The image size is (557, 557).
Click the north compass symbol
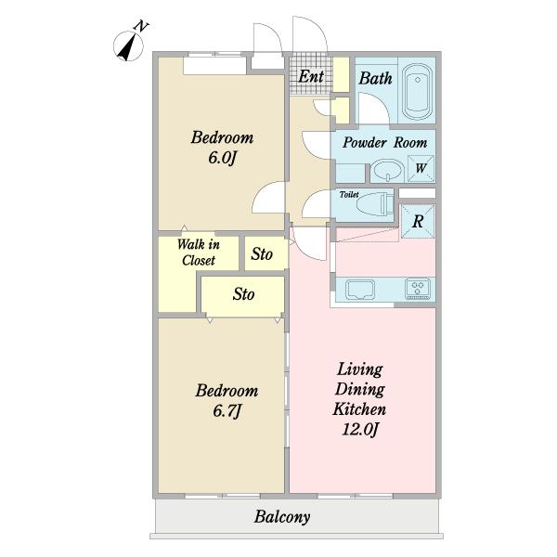coord(129,45)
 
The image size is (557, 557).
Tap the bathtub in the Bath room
coord(418,91)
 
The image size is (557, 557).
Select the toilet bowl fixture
coord(374,206)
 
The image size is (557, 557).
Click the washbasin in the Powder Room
coord(386,170)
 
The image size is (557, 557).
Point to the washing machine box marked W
coord(421,168)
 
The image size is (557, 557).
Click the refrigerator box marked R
coord(418,221)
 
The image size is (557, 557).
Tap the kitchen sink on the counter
coord(360,289)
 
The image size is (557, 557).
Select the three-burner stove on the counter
coord(418,288)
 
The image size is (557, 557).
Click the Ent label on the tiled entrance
coord(311,76)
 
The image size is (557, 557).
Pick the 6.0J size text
coord(223,158)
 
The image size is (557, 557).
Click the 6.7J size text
coord(227,411)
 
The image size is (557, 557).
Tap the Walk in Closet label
coord(199,253)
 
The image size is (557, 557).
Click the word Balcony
coord(282,517)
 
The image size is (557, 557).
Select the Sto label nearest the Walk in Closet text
coord(262,253)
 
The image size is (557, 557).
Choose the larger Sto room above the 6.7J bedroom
coord(243,294)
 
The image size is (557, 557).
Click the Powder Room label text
coord(384,142)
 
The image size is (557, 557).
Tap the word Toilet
coord(349,194)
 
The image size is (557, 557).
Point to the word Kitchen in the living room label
coord(359,409)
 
